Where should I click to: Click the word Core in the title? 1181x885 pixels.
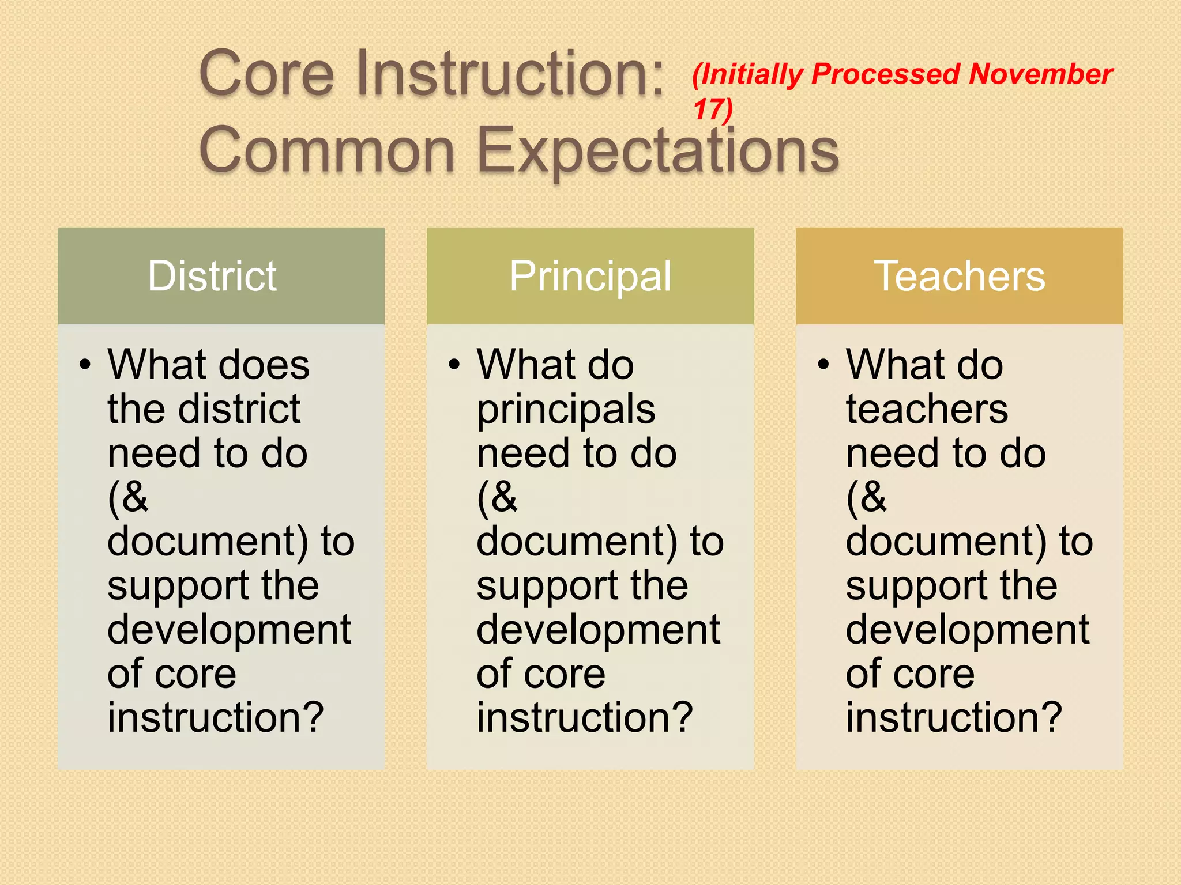coord(266,74)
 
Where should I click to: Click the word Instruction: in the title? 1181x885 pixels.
coord(511,74)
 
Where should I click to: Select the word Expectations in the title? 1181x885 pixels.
coord(658,151)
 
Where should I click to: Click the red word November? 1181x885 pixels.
coord(1040,74)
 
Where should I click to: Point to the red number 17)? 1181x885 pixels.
coord(713,109)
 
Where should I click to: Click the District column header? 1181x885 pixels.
coord(212,276)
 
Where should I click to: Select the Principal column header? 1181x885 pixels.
coord(590,277)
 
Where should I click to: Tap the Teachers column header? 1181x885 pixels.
coord(959,276)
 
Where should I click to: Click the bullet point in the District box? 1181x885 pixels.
coord(85,365)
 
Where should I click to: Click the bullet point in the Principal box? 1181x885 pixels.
coord(454,365)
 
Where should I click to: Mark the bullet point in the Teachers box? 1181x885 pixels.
coord(823,365)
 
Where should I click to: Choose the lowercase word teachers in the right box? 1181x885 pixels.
coord(927,409)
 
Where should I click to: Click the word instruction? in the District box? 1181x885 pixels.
coord(216,717)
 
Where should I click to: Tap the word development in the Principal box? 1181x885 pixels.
coord(598,629)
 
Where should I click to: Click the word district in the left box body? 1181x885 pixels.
coord(239,409)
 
